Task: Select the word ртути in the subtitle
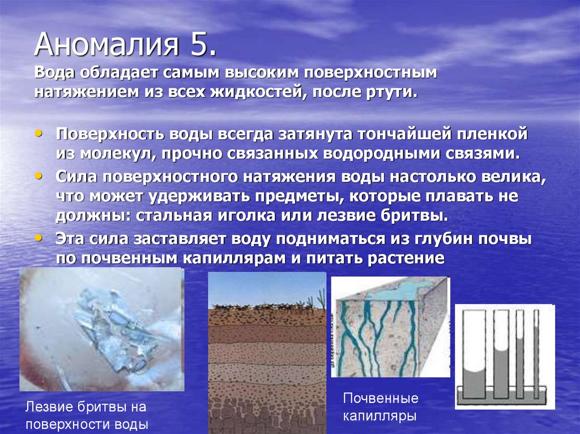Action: tap(393, 92)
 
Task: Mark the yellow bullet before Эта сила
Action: tap(38, 238)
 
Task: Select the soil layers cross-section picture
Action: tap(267, 351)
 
